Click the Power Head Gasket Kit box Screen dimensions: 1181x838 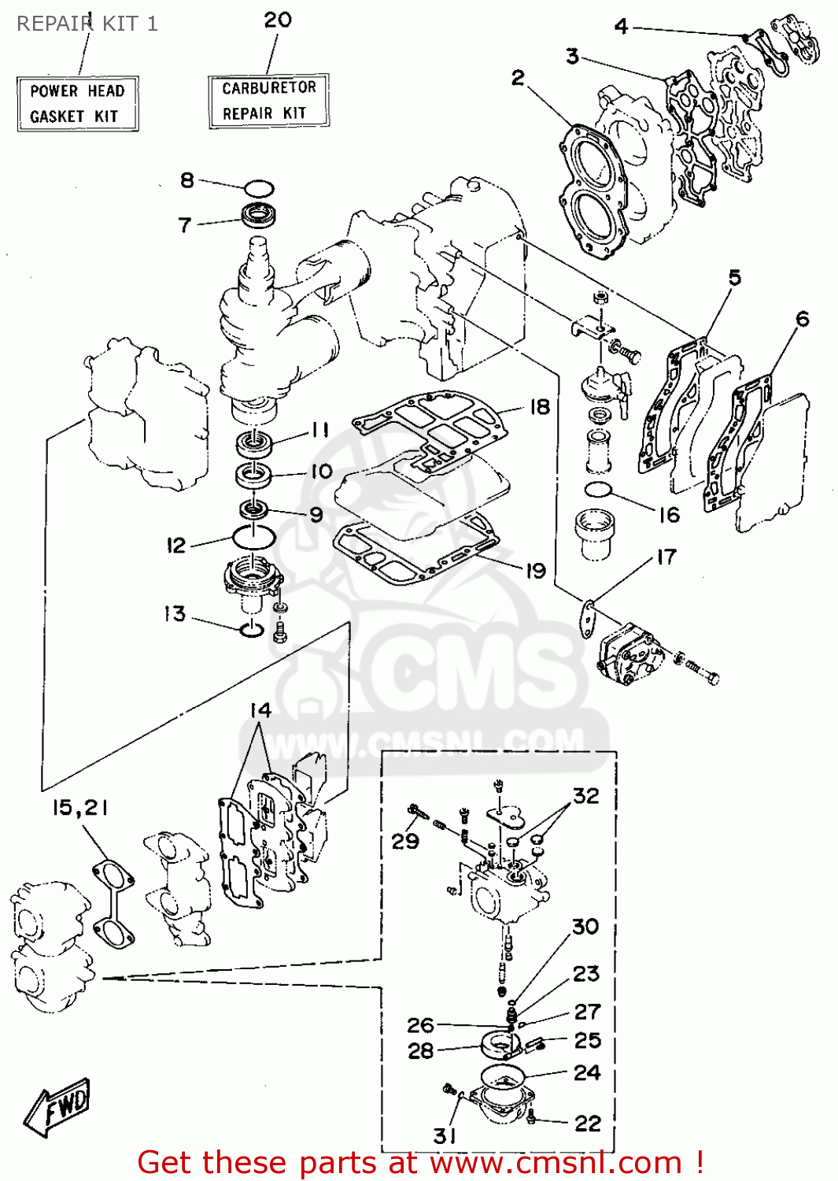(77, 104)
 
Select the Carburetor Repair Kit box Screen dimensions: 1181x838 (268, 101)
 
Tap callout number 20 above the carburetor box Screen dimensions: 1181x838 (278, 20)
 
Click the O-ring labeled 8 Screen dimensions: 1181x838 (258, 189)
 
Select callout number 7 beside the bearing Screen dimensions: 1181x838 (185, 225)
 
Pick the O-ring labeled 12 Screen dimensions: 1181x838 (253, 538)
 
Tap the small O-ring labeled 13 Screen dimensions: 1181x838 (251, 629)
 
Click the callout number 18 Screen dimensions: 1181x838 (539, 407)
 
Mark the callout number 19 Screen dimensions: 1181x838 (535, 571)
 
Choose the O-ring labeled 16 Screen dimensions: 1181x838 (599, 490)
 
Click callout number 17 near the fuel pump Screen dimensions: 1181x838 (666, 557)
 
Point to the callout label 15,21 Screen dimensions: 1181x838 (80, 808)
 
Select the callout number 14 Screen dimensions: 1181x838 (260, 710)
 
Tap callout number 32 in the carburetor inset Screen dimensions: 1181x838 (586, 796)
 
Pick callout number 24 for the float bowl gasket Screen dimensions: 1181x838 (587, 1072)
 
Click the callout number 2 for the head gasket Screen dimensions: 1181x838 (518, 77)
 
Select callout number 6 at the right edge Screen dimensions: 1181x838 (802, 319)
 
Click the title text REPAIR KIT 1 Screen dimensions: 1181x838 (87, 24)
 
